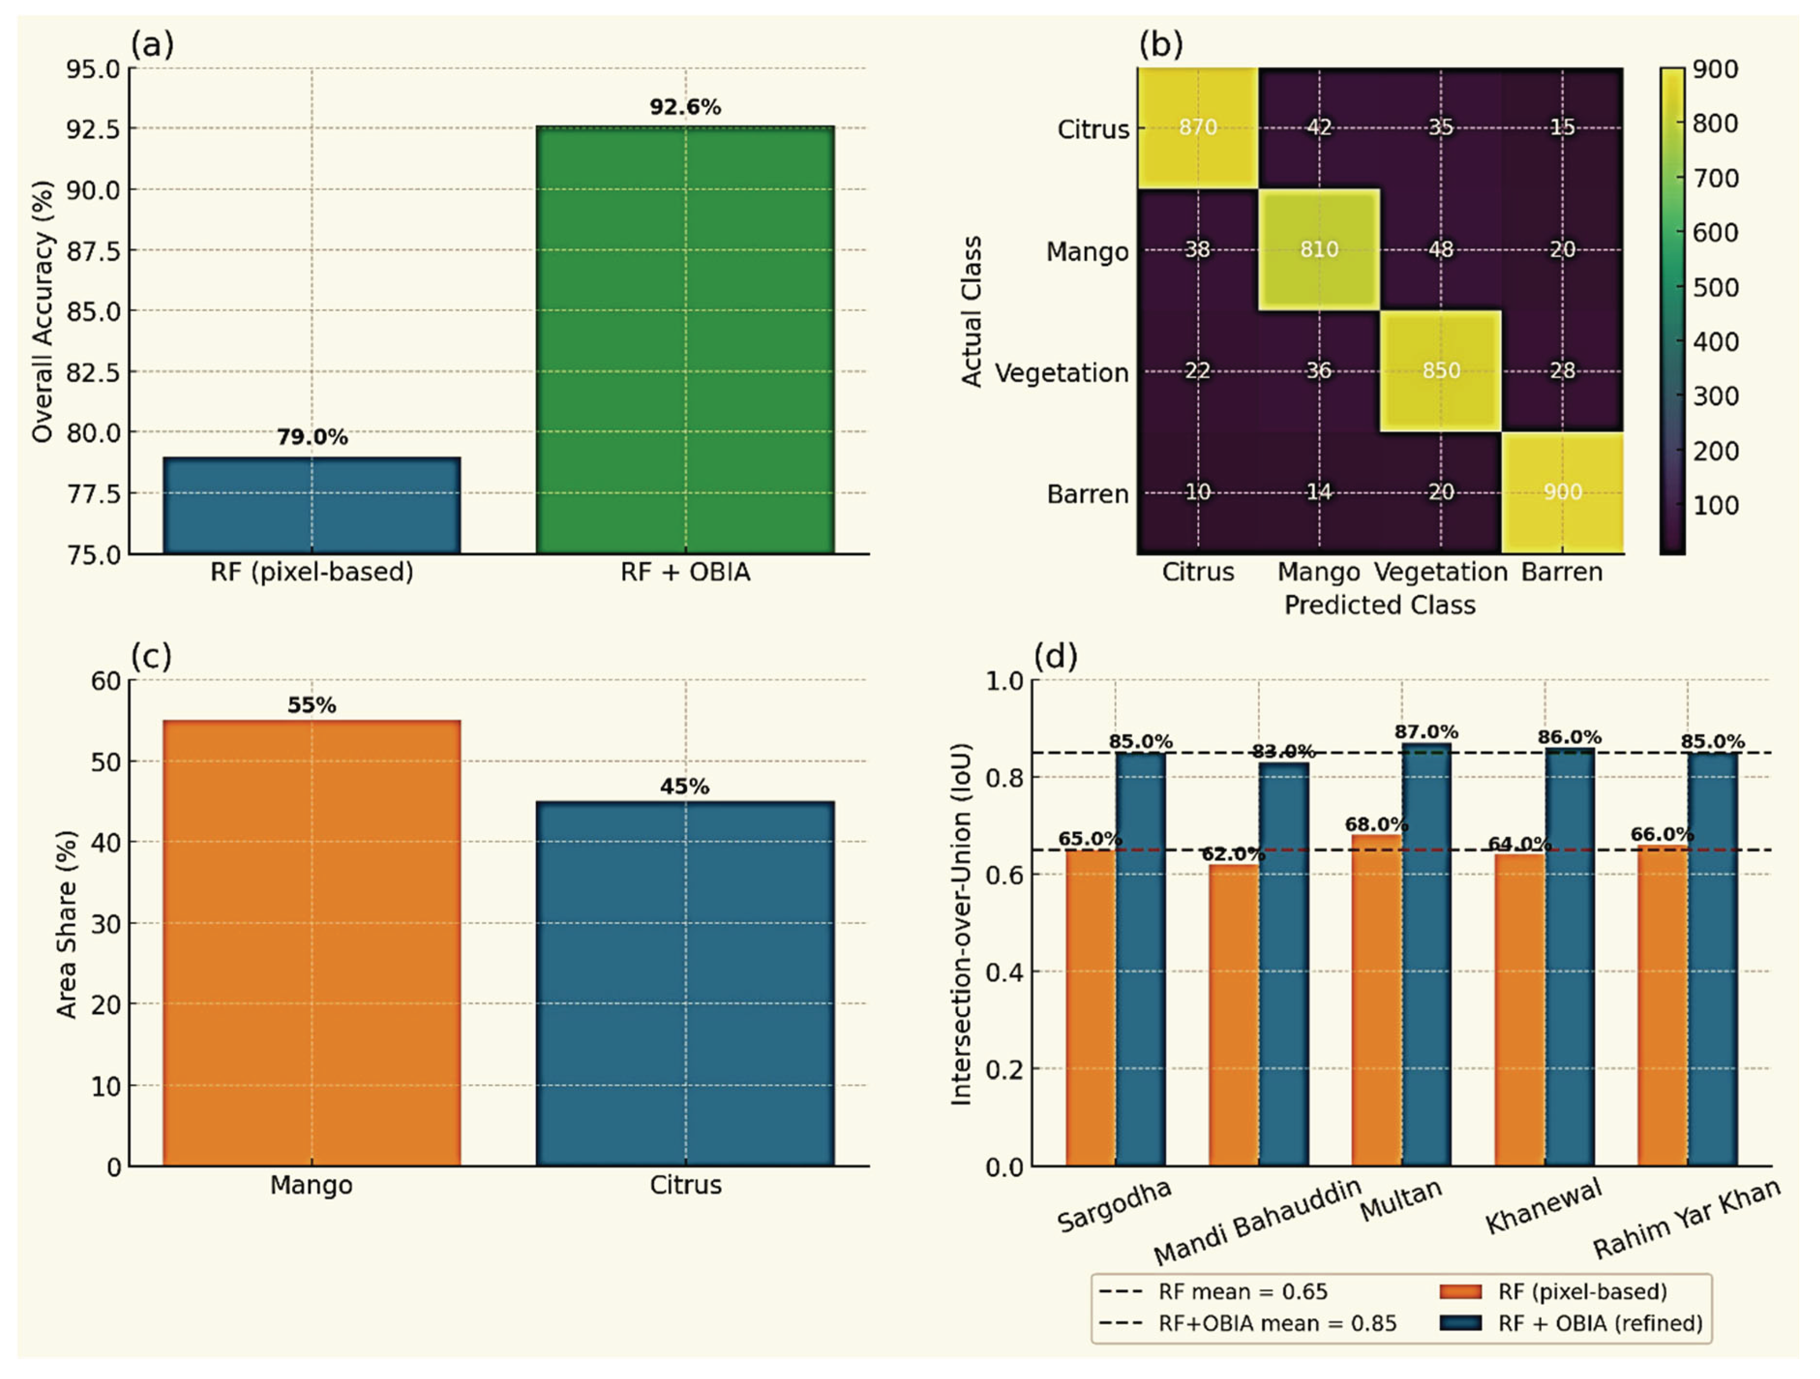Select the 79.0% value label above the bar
312,437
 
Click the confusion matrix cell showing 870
1198,128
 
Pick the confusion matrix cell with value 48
1441,249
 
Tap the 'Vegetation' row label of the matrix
1061,373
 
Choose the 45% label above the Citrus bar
685,787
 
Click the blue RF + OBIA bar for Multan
1427,955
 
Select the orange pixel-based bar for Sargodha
1090,1008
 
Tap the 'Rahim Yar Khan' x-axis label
1686,1219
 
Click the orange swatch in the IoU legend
1461,1292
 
